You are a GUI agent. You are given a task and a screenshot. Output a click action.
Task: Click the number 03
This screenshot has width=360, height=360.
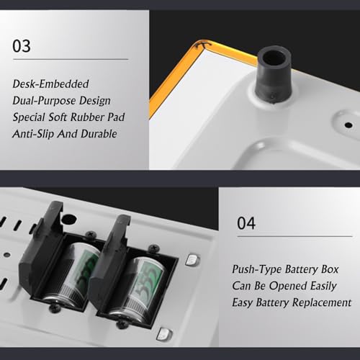(22, 46)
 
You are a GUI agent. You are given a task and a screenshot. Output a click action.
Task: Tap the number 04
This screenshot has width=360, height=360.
(246, 223)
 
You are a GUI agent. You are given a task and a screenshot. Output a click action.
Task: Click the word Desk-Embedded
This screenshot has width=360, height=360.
(50, 84)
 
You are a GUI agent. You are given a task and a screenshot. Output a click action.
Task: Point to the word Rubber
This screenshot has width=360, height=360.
(87, 117)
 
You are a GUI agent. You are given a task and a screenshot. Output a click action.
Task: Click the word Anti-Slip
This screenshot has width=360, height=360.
(33, 134)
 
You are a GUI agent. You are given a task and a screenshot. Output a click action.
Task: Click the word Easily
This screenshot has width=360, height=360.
(323, 286)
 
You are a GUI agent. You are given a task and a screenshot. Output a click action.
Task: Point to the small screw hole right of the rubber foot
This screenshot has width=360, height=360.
(348, 125)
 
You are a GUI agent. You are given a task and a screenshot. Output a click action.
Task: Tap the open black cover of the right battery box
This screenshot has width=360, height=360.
(109, 264)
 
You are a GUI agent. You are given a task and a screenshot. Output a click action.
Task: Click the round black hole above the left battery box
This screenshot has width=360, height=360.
(68, 220)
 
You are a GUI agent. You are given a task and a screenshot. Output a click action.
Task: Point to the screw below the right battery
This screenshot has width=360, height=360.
(122, 325)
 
